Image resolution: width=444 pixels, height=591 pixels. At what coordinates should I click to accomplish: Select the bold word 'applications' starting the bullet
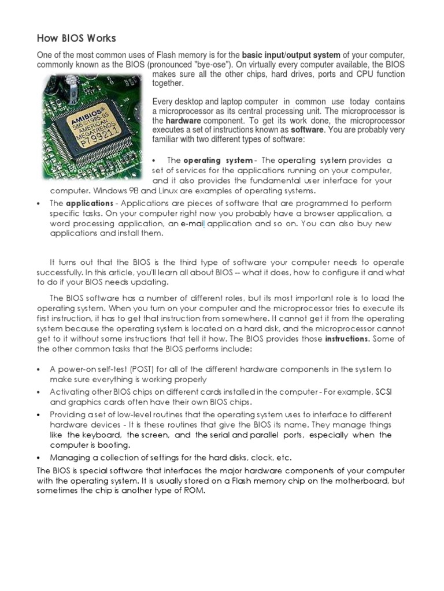90,204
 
